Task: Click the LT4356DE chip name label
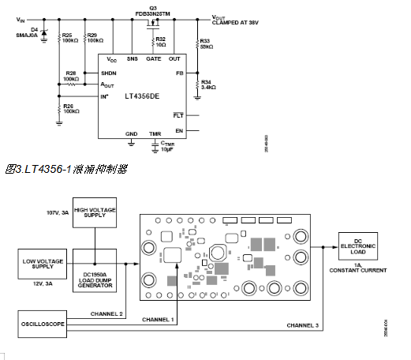tap(142, 96)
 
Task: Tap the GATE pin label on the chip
tap(154, 59)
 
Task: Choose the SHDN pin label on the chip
tap(109, 73)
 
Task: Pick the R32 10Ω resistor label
tap(160, 41)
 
